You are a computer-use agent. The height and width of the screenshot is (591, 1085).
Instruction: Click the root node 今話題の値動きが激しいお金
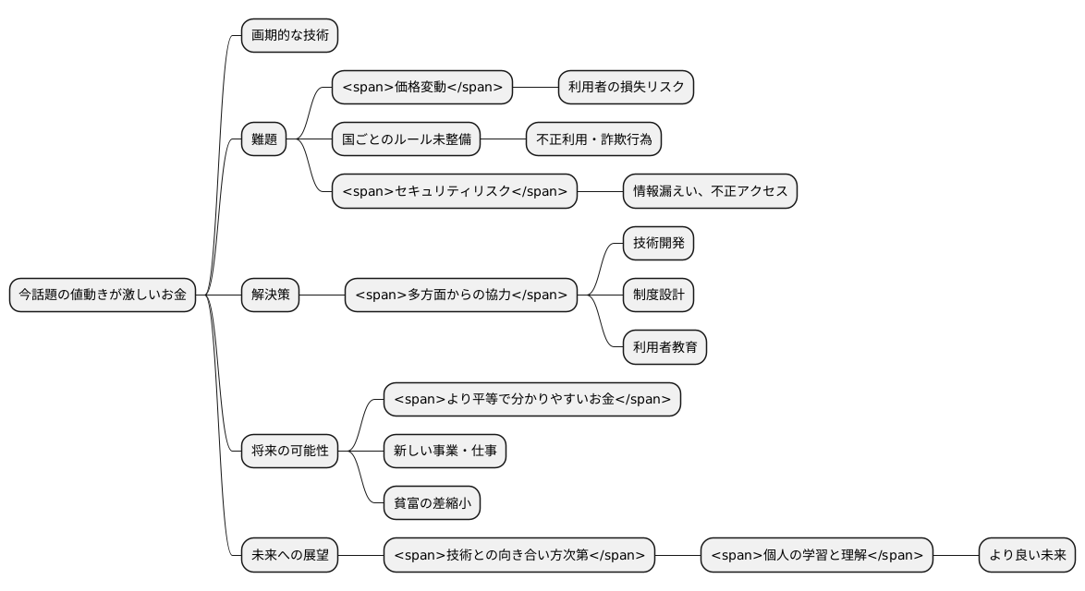click(x=103, y=295)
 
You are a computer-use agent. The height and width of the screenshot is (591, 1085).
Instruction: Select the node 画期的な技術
click(x=289, y=36)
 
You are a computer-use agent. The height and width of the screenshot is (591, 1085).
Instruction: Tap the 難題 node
click(x=263, y=139)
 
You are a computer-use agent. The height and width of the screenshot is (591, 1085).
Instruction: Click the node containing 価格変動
click(x=421, y=88)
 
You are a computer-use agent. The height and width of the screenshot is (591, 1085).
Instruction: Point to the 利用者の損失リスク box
click(x=627, y=88)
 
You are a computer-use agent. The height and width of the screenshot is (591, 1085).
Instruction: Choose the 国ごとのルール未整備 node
click(x=407, y=139)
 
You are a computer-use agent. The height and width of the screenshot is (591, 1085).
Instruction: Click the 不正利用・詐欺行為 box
click(x=594, y=139)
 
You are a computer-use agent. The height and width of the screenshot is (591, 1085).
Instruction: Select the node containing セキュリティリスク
click(x=455, y=191)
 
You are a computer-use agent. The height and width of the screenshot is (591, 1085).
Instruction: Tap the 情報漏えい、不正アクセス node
click(x=710, y=191)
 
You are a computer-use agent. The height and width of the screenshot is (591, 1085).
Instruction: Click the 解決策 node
click(x=270, y=295)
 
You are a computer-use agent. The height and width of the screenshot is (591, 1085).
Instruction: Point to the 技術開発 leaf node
click(x=658, y=244)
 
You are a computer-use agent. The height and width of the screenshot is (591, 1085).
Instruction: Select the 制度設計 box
click(x=658, y=295)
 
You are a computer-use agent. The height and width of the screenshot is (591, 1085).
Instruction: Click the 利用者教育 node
click(x=664, y=347)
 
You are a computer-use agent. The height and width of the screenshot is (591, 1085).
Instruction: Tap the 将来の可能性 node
click(x=289, y=452)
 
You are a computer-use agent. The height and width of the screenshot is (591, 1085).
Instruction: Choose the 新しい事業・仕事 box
click(x=445, y=452)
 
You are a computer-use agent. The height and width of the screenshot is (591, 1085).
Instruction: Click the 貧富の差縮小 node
click(x=432, y=503)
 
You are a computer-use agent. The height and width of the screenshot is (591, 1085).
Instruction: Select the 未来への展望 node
click(x=289, y=555)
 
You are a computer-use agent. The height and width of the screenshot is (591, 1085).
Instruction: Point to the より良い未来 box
click(x=1027, y=555)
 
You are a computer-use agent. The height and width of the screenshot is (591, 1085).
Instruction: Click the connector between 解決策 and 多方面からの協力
click(x=323, y=295)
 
